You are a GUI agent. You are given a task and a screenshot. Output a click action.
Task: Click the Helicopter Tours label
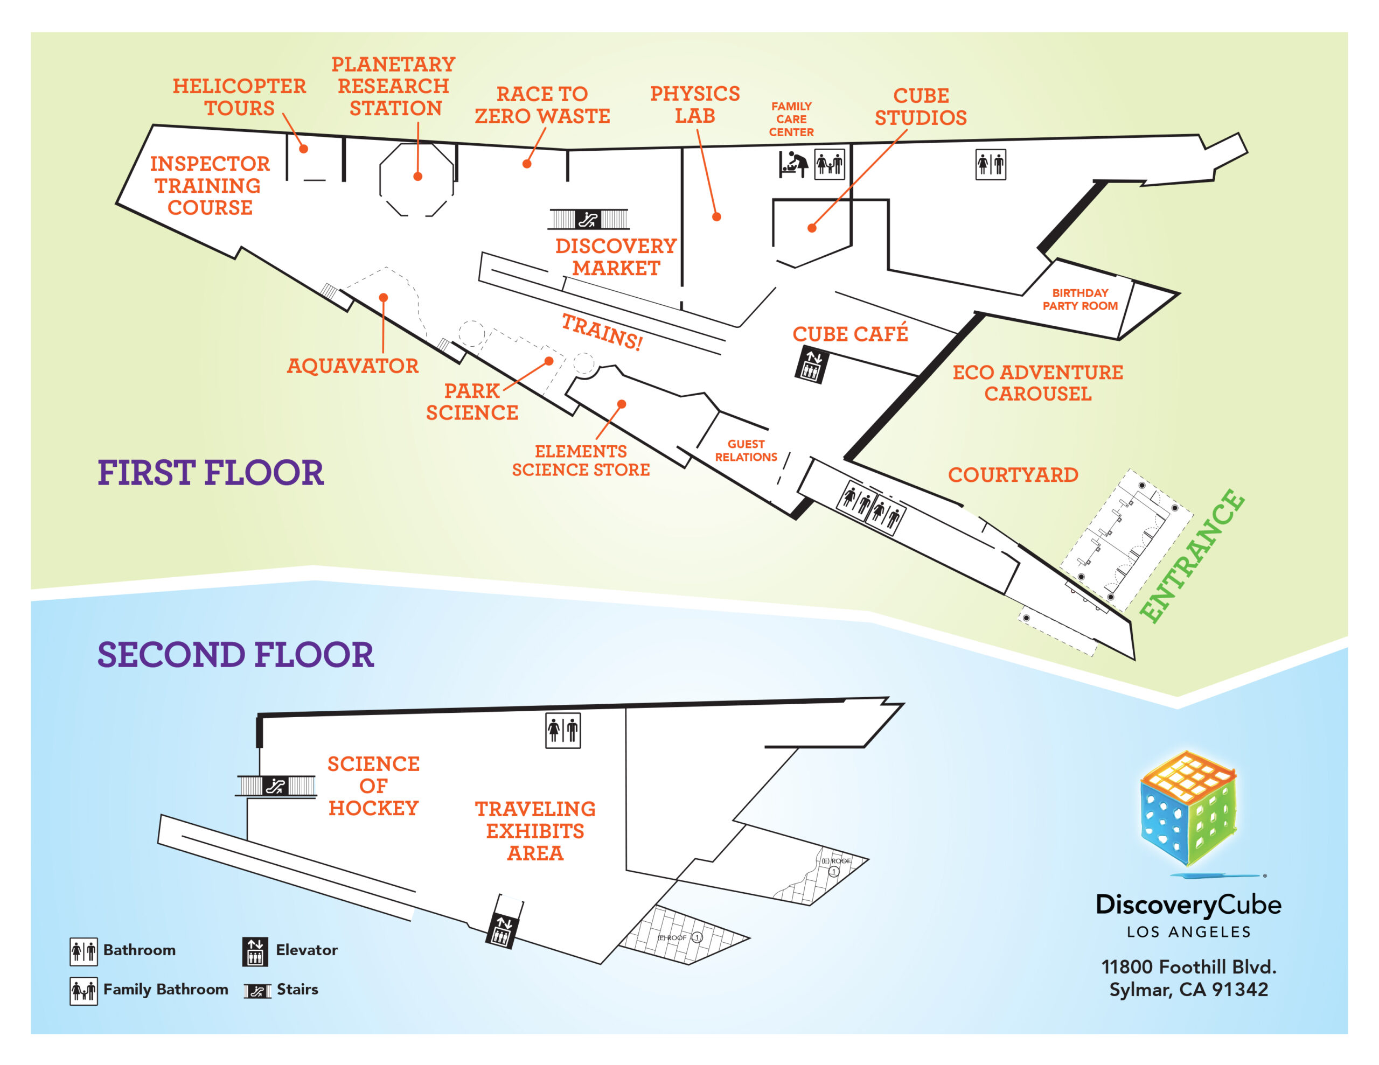tap(239, 96)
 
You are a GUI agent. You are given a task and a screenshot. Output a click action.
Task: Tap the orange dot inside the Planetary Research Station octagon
tap(417, 177)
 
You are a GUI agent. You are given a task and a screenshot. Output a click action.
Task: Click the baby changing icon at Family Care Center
tap(793, 165)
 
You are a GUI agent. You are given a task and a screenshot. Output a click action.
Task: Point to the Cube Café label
tap(850, 333)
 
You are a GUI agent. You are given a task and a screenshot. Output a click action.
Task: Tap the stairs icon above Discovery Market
tap(588, 219)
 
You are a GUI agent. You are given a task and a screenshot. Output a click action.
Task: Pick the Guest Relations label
tap(746, 450)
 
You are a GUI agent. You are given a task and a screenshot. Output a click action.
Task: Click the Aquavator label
tap(352, 366)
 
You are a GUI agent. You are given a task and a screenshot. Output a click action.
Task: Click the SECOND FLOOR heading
tap(235, 655)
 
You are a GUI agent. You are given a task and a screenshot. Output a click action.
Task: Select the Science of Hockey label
tap(373, 786)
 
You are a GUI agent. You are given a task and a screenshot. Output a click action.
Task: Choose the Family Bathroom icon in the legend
tap(83, 991)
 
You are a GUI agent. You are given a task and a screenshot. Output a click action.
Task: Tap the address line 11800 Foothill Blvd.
tap(1188, 966)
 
